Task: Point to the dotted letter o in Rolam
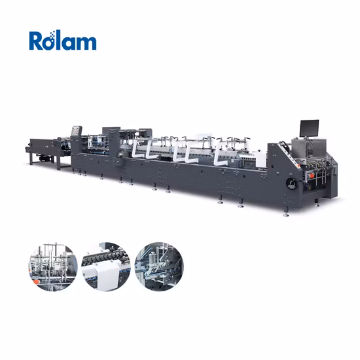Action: coord(53,43)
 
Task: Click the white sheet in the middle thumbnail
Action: coord(103,275)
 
